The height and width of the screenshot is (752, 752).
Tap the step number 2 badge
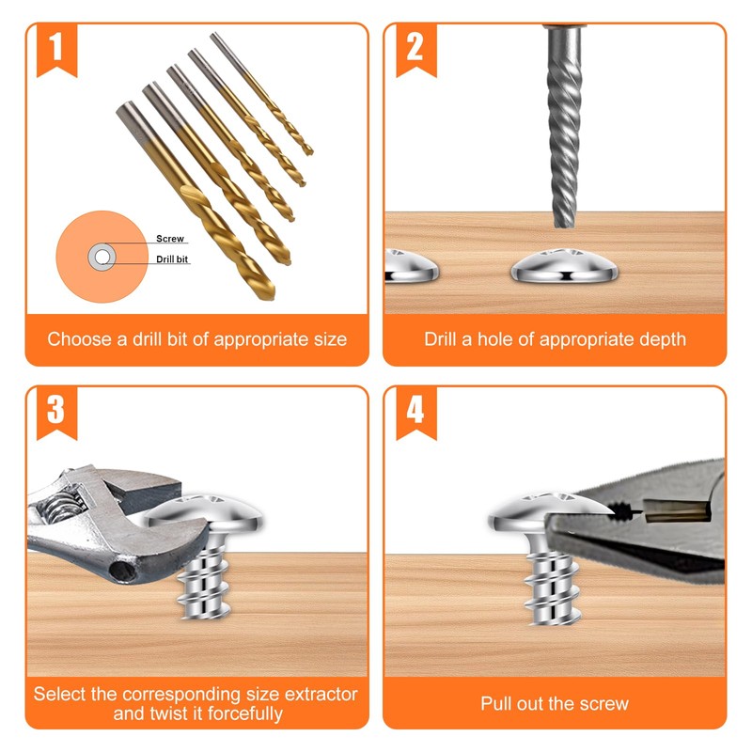415,47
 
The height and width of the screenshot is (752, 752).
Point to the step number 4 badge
415,410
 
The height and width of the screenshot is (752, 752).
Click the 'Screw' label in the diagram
170,240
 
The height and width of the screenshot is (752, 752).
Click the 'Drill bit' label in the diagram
174,258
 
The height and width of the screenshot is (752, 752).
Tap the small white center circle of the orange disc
101,256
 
